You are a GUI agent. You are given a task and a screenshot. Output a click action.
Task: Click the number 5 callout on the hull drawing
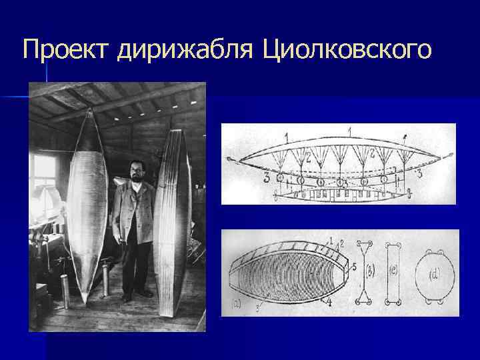353,267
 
